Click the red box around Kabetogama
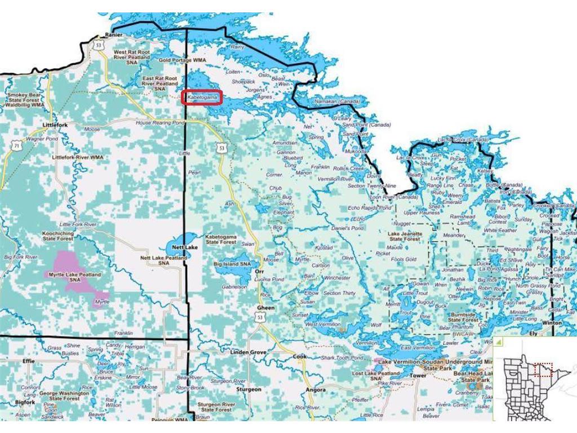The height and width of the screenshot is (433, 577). pyautogui.click(x=202, y=97)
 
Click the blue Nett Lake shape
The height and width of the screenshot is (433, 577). pyautogui.click(x=179, y=246)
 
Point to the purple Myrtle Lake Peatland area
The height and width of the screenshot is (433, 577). pyautogui.click(x=76, y=273)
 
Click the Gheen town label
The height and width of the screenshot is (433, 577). pyautogui.click(x=265, y=308)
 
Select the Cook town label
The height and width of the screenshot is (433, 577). pyautogui.click(x=300, y=356)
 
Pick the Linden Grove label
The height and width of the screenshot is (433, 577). pyautogui.click(x=248, y=352)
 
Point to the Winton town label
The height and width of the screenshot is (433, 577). pyautogui.click(x=552, y=323)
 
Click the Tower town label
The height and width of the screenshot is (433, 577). pyautogui.click(x=419, y=375)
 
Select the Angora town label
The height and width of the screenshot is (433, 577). pyautogui.click(x=316, y=390)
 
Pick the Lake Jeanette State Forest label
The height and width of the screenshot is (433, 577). pyautogui.click(x=405, y=236)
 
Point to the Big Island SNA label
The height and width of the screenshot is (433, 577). pyautogui.click(x=232, y=264)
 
